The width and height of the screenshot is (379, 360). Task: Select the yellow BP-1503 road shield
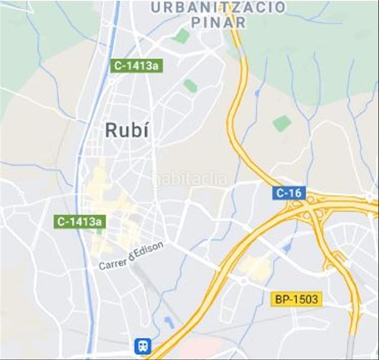297,299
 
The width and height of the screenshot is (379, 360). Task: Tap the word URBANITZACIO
218,8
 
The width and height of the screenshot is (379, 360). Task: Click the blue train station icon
143,346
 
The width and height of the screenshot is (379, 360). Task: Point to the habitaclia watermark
190,179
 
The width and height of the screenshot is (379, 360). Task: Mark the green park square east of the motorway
282,124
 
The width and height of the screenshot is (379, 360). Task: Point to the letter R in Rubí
111,130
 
